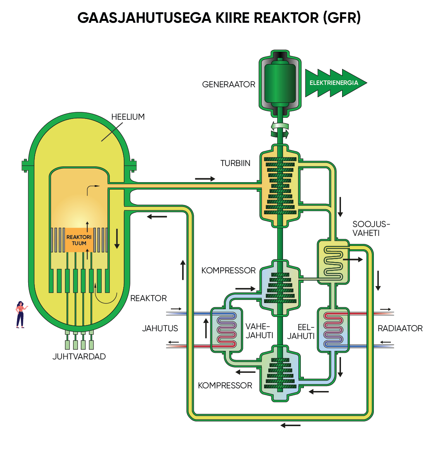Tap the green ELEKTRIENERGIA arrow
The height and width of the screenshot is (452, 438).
(x=334, y=83)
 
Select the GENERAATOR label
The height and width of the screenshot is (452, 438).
(x=228, y=85)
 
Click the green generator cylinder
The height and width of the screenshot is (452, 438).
(x=280, y=83)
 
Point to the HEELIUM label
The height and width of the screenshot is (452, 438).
(x=128, y=117)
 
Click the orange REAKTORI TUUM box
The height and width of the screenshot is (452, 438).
(x=79, y=240)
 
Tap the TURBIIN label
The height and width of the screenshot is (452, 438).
(x=235, y=163)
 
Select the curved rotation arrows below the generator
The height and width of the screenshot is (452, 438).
(x=280, y=130)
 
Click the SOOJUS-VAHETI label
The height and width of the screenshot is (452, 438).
(x=371, y=229)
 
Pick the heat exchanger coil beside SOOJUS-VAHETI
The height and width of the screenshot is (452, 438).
(x=333, y=262)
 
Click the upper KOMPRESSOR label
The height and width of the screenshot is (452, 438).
(x=228, y=271)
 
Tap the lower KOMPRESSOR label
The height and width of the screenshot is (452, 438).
(x=225, y=386)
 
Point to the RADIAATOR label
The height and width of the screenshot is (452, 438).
(x=400, y=328)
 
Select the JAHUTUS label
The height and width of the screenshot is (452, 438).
(x=160, y=328)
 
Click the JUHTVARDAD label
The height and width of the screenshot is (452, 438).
(x=79, y=357)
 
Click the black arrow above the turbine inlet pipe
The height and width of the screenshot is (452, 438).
(x=205, y=179)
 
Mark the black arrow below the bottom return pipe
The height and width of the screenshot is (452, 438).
(x=290, y=425)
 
